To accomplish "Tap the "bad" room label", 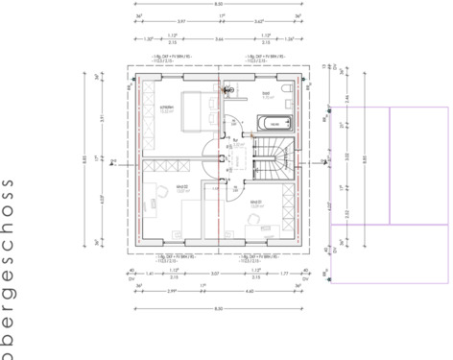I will click(x=268, y=93).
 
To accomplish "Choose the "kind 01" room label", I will click(x=256, y=204).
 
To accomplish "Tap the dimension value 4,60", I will click(x=249, y=291).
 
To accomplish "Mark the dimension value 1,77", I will click(x=286, y=274).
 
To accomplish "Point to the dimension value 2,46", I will click(x=346, y=99).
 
